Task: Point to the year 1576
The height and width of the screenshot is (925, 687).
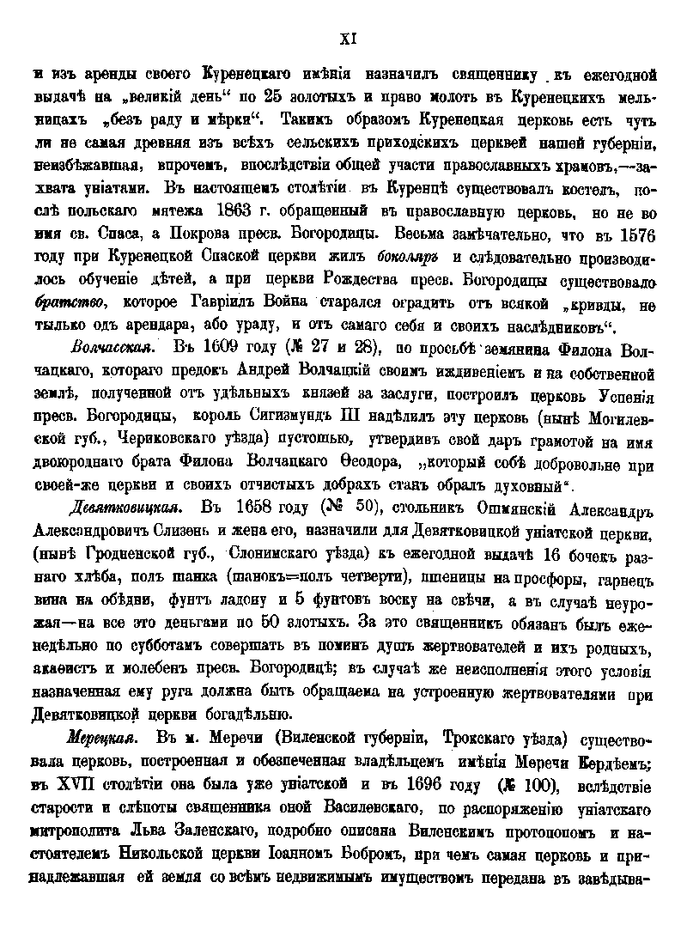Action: tap(635, 233)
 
